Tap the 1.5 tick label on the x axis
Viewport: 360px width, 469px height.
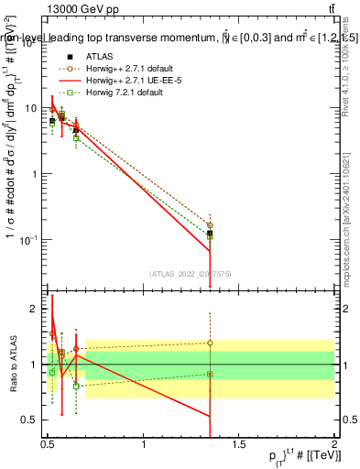[x=239, y=444]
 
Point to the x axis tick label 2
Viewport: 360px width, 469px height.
[x=333, y=444]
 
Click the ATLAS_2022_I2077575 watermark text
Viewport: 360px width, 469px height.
[x=191, y=273]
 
